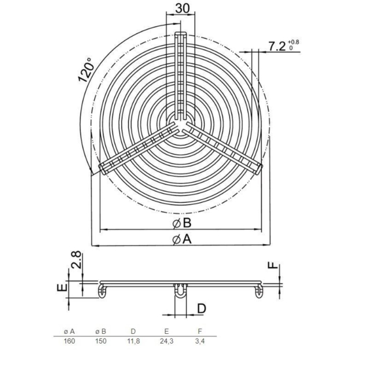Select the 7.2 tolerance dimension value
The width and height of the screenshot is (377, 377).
[x=281, y=46]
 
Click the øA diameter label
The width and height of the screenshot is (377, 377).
[x=182, y=240]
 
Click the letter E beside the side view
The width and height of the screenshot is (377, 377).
[x=60, y=288]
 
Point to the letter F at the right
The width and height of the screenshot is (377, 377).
[x=274, y=268]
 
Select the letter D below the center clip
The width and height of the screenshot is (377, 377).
[x=202, y=308]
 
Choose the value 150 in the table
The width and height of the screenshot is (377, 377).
[x=102, y=341]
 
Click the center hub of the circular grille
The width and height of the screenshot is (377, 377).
[x=181, y=122]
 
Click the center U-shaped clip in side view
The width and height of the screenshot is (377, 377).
[x=181, y=293]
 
